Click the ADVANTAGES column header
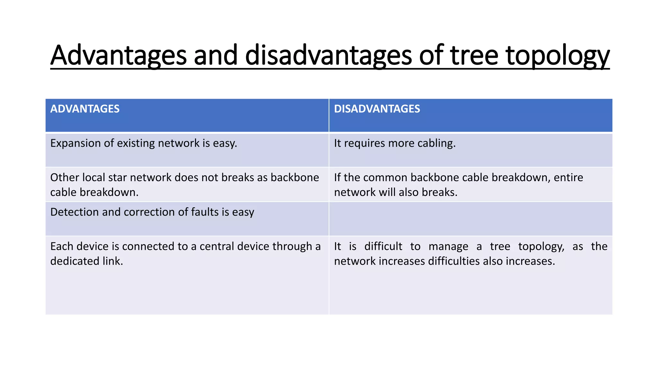[x=85, y=109]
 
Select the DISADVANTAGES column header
[x=377, y=109]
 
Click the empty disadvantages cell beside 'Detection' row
[x=470, y=219]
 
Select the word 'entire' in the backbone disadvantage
[x=568, y=178]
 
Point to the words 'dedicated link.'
[x=86, y=261]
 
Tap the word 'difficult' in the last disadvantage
[x=383, y=246]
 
